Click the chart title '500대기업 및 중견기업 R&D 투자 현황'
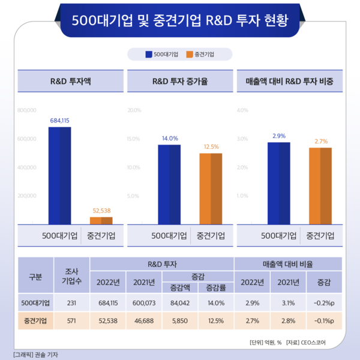[180, 20]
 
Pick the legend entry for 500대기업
[161, 55]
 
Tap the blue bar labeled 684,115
[59, 175]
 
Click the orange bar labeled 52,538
[101, 220]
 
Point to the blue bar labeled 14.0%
[169, 184]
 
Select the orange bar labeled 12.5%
[211, 188]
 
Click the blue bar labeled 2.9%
[278, 182]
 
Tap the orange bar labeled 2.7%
[320, 185]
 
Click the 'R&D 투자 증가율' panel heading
[180, 80]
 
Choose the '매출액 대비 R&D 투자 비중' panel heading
[290, 80]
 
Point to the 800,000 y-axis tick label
[28, 110]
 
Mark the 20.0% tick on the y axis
[134, 110]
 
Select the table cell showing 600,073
[144, 303]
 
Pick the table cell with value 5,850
[179, 321]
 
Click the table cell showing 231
[71, 303]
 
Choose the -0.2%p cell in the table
[324, 303]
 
